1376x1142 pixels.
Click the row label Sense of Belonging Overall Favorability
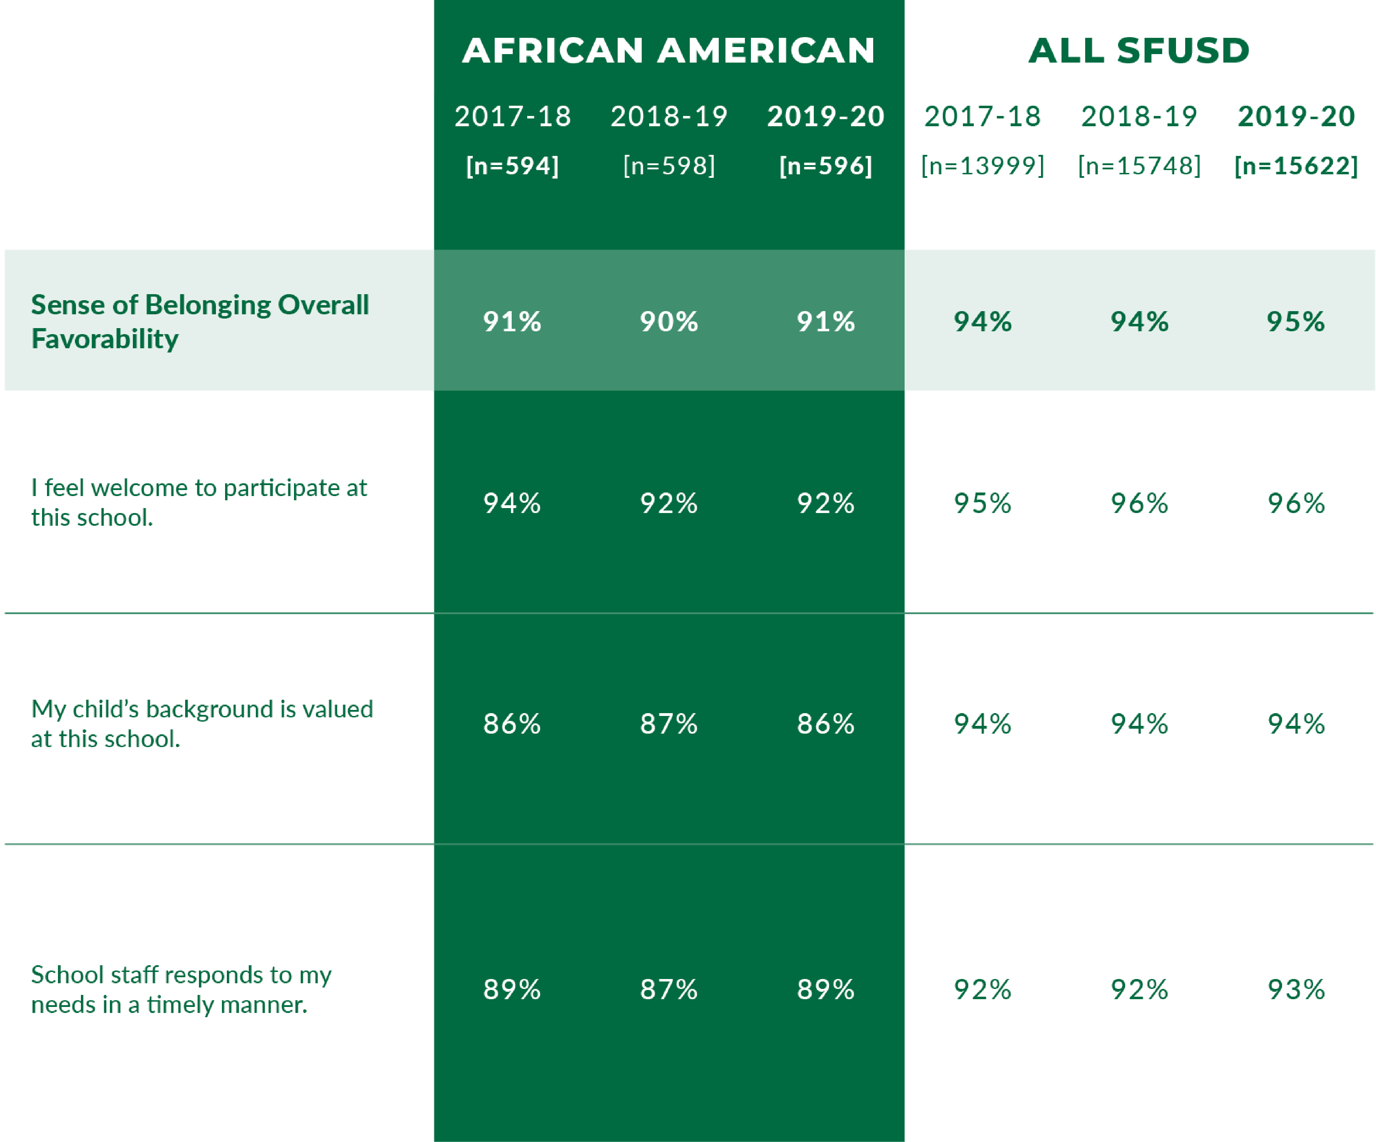point(200,321)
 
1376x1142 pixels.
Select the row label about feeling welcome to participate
point(199,502)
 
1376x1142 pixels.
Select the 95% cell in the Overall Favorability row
point(1295,322)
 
